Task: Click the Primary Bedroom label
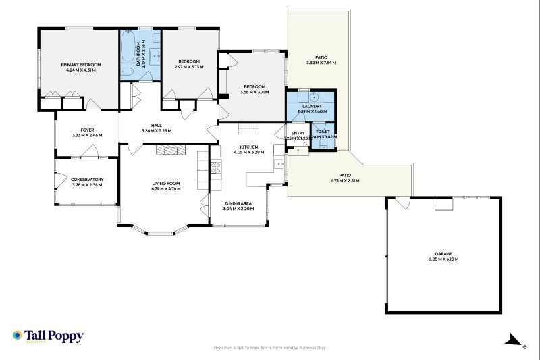(x=81, y=64)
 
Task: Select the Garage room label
(x=443, y=255)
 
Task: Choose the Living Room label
(x=165, y=183)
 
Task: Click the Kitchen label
(x=249, y=147)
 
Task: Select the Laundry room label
(x=312, y=106)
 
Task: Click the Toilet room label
(x=323, y=132)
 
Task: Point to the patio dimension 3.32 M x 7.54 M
(x=321, y=63)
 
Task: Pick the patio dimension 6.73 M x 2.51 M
(x=345, y=181)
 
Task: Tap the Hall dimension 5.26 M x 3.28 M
(x=157, y=130)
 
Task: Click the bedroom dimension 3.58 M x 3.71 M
(x=254, y=92)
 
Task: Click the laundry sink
(x=313, y=97)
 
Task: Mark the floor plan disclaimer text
(x=269, y=348)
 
